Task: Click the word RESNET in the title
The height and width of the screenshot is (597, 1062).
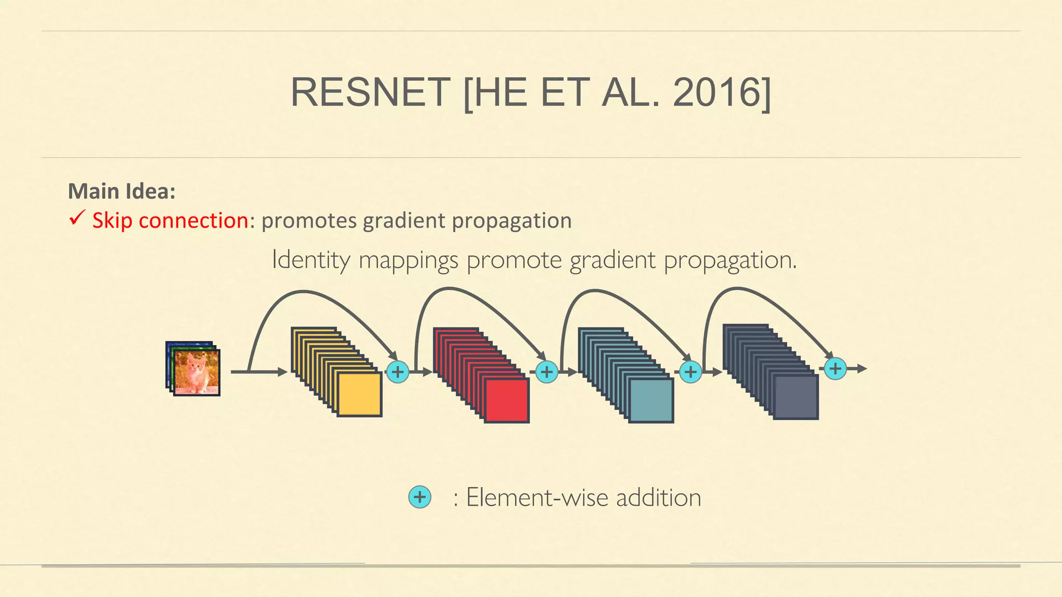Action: (370, 92)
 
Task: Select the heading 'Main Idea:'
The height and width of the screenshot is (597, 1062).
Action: (122, 191)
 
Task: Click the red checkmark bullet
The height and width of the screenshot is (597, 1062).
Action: (76, 218)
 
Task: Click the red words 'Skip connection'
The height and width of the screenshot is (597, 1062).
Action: (170, 221)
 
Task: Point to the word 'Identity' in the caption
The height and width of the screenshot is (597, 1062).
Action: (311, 260)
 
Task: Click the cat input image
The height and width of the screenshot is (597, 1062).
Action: (197, 372)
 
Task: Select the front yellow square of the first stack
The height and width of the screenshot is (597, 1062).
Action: (359, 394)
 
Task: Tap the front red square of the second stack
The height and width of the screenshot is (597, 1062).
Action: (507, 400)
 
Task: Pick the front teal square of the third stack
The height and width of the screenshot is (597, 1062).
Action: (651, 400)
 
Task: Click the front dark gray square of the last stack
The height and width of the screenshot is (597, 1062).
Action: (795, 397)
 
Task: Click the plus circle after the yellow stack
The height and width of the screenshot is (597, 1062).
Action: (398, 372)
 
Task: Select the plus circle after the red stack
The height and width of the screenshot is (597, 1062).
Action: (546, 372)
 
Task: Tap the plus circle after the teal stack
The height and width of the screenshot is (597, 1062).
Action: (690, 372)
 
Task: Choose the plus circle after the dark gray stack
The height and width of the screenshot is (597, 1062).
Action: (835, 369)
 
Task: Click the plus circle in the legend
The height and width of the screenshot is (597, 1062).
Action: (420, 497)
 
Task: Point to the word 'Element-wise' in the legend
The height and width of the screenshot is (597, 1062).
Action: (537, 497)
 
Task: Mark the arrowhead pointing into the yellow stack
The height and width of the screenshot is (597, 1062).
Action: (283, 372)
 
